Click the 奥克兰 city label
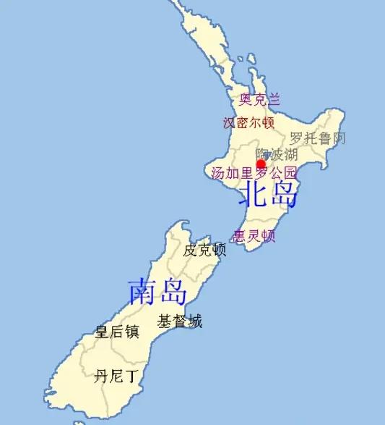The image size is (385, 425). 259,99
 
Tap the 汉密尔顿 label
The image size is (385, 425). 249,122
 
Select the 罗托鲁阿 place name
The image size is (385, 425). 318,138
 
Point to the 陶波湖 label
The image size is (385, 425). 277,154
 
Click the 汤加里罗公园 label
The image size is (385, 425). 254,173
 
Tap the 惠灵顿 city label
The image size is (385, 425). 254,236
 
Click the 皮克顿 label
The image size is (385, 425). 204,251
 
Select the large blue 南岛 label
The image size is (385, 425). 157,291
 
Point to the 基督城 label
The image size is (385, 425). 180,321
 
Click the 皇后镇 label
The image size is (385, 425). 117,332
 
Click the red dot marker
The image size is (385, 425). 261,164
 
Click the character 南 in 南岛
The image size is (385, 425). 142,291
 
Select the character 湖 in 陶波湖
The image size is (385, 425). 290,154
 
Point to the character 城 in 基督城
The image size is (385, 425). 195,321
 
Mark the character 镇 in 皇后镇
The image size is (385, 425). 131,332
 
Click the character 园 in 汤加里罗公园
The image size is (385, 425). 290,173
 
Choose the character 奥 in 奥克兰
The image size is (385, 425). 246,99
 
